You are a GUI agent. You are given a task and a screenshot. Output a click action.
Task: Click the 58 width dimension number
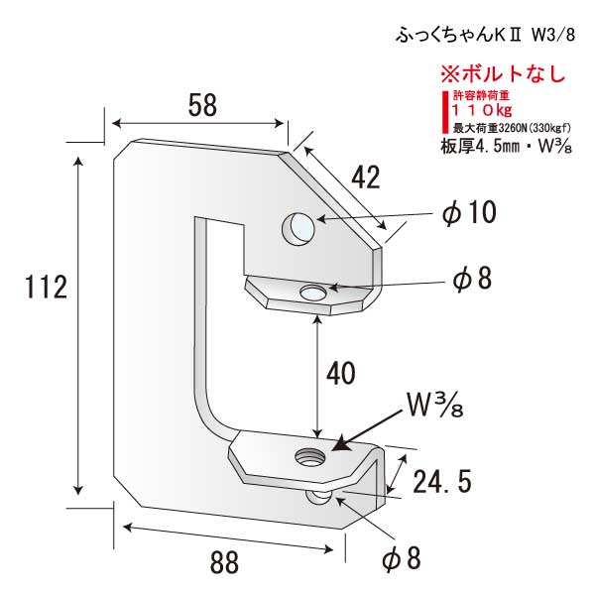click(202, 105)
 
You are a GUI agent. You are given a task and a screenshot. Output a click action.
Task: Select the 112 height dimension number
click(46, 287)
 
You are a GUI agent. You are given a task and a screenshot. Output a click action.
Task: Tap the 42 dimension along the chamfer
click(365, 178)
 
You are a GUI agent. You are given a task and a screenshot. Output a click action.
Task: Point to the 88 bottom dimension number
click(224, 562)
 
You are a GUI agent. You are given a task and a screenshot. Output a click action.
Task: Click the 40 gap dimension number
click(341, 374)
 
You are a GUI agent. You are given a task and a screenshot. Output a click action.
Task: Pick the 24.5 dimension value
click(442, 482)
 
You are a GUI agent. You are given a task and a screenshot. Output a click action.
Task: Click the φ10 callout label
click(469, 212)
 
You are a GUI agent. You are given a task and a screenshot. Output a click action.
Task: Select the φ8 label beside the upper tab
click(472, 279)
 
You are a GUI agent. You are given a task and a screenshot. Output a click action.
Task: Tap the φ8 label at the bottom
click(402, 558)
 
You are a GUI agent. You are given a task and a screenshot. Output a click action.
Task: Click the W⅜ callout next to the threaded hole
click(435, 405)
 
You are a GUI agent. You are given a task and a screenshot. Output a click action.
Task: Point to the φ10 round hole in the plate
click(298, 229)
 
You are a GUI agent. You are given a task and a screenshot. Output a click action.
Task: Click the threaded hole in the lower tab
click(310, 455)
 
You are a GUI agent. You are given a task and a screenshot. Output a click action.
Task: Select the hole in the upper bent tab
click(312, 293)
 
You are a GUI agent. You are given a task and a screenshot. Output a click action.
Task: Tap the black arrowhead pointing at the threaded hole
click(343, 442)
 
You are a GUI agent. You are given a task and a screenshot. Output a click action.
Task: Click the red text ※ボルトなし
click(504, 73)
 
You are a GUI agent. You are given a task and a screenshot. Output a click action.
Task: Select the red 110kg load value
click(482, 110)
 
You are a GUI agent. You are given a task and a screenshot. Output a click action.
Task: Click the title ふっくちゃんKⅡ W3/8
click(485, 36)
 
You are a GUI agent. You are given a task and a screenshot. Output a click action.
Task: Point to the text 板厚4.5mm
click(479, 147)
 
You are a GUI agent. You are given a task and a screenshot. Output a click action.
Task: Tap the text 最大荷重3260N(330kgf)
click(512, 128)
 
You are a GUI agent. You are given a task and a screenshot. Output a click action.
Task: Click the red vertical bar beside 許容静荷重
click(444, 111)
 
